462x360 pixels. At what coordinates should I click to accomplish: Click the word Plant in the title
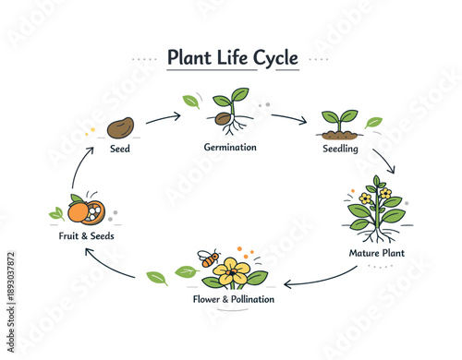click(188, 58)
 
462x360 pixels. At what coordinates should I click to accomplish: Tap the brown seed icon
click(122, 127)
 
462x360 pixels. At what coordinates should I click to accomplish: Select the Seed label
click(120, 149)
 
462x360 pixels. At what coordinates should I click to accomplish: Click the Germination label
click(230, 147)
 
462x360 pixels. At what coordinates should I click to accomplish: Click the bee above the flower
click(209, 260)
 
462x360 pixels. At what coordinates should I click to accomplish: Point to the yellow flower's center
click(233, 271)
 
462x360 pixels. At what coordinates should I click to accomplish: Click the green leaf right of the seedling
click(373, 122)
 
